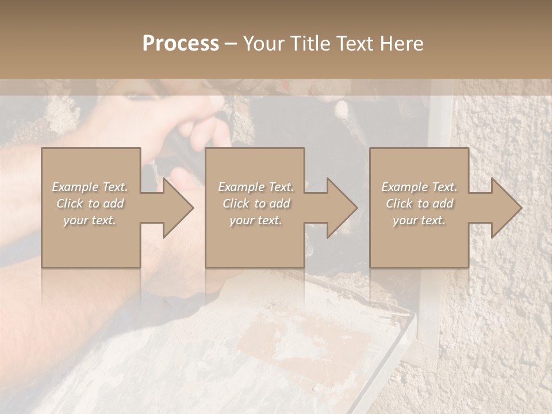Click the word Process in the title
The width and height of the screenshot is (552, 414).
click(x=181, y=44)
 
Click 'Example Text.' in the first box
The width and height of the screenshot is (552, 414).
click(x=90, y=187)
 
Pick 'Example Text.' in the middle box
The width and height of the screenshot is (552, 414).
click(x=256, y=187)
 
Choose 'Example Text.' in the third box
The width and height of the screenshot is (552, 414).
click(x=419, y=187)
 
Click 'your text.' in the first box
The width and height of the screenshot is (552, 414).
click(x=90, y=220)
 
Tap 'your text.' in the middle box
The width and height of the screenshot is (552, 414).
click(x=256, y=220)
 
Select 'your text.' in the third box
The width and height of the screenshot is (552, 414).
click(x=419, y=220)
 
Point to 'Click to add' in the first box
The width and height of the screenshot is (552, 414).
click(x=90, y=204)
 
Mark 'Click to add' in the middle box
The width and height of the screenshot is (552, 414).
click(x=256, y=204)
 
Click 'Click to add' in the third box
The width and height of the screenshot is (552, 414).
click(x=419, y=204)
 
